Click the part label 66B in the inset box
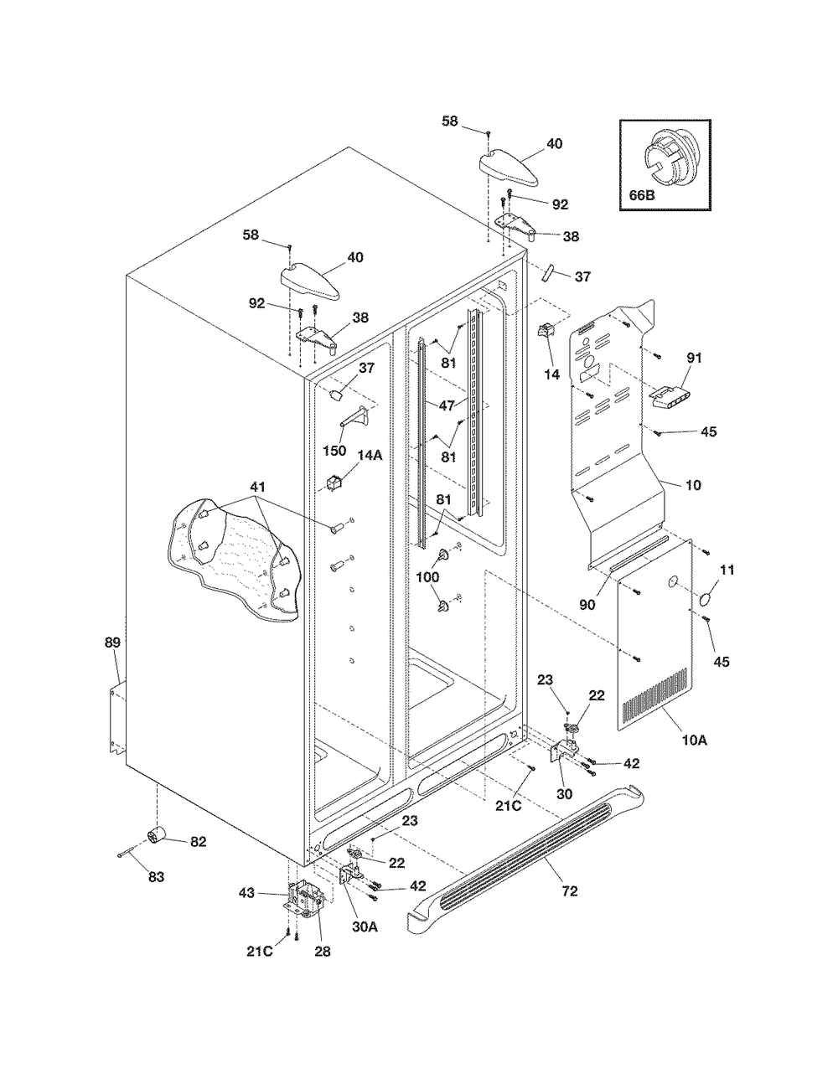pos(641,195)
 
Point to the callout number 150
pos(334,451)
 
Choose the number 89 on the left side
pos(112,643)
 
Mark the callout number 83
pos(156,876)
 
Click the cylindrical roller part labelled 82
pos(158,834)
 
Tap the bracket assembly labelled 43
pos(305,899)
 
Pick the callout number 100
pos(427,577)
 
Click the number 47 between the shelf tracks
pos(447,405)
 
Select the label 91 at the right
pos(695,358)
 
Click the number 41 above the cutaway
pos(257,487)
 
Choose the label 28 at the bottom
pos(323,952)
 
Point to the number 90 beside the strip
pos(587,605)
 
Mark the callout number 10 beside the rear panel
pos(693,484)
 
